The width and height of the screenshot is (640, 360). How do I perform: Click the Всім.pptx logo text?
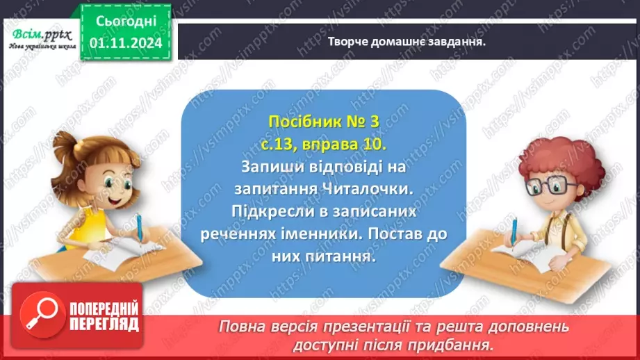(x=38, y=33)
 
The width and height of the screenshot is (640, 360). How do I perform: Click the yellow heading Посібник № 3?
(x=324, y=122)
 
